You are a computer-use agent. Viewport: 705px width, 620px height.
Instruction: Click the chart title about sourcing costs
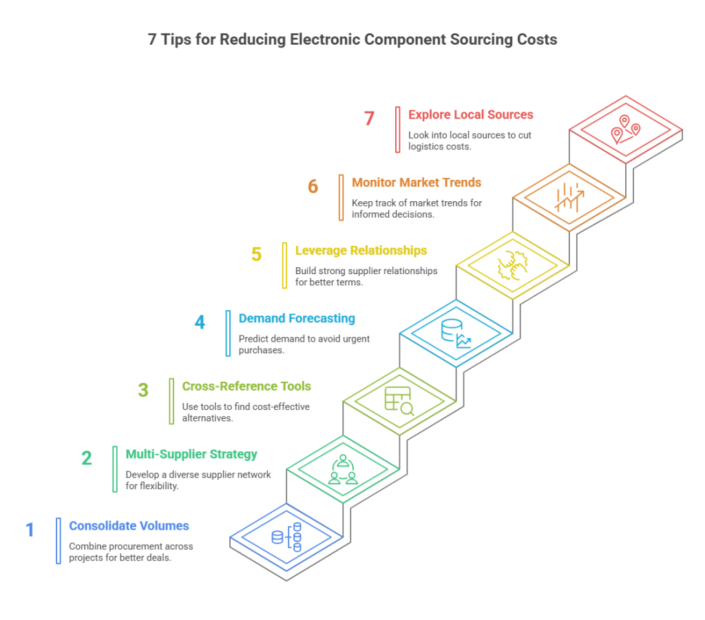pos(352,40)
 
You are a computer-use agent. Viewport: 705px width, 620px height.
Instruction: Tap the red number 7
pos(369,118)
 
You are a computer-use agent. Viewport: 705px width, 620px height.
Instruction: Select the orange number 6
pos(313,187)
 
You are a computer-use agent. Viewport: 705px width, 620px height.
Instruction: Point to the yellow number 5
pos(256,254)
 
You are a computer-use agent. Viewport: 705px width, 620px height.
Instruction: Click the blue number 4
pos(200,322)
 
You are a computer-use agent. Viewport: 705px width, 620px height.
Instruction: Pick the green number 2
pos(87,458)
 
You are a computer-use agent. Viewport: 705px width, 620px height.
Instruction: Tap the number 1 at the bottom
pos(30,530)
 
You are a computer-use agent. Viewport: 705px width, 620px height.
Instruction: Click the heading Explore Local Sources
pos(470,114)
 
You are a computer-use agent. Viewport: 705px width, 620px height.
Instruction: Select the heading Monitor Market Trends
pos(417,183)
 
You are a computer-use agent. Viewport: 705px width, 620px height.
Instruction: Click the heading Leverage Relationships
pos(361,250)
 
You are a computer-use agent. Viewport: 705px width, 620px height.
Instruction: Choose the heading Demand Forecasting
pos(297,318)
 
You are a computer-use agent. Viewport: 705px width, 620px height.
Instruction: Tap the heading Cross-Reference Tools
pos(246,386)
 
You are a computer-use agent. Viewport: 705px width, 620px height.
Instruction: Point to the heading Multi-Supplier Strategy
pos(191,454)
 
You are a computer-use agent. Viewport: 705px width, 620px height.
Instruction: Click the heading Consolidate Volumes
pos(129,526)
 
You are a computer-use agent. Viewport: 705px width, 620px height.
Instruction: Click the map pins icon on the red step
pos(626,130)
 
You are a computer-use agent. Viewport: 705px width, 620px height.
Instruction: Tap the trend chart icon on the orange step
pos(569,197)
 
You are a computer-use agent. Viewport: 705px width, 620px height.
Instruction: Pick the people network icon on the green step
pos(343,470)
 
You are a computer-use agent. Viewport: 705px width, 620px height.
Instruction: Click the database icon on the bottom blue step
pos(287,537)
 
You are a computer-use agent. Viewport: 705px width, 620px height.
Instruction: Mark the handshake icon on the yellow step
pos(513,265)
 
